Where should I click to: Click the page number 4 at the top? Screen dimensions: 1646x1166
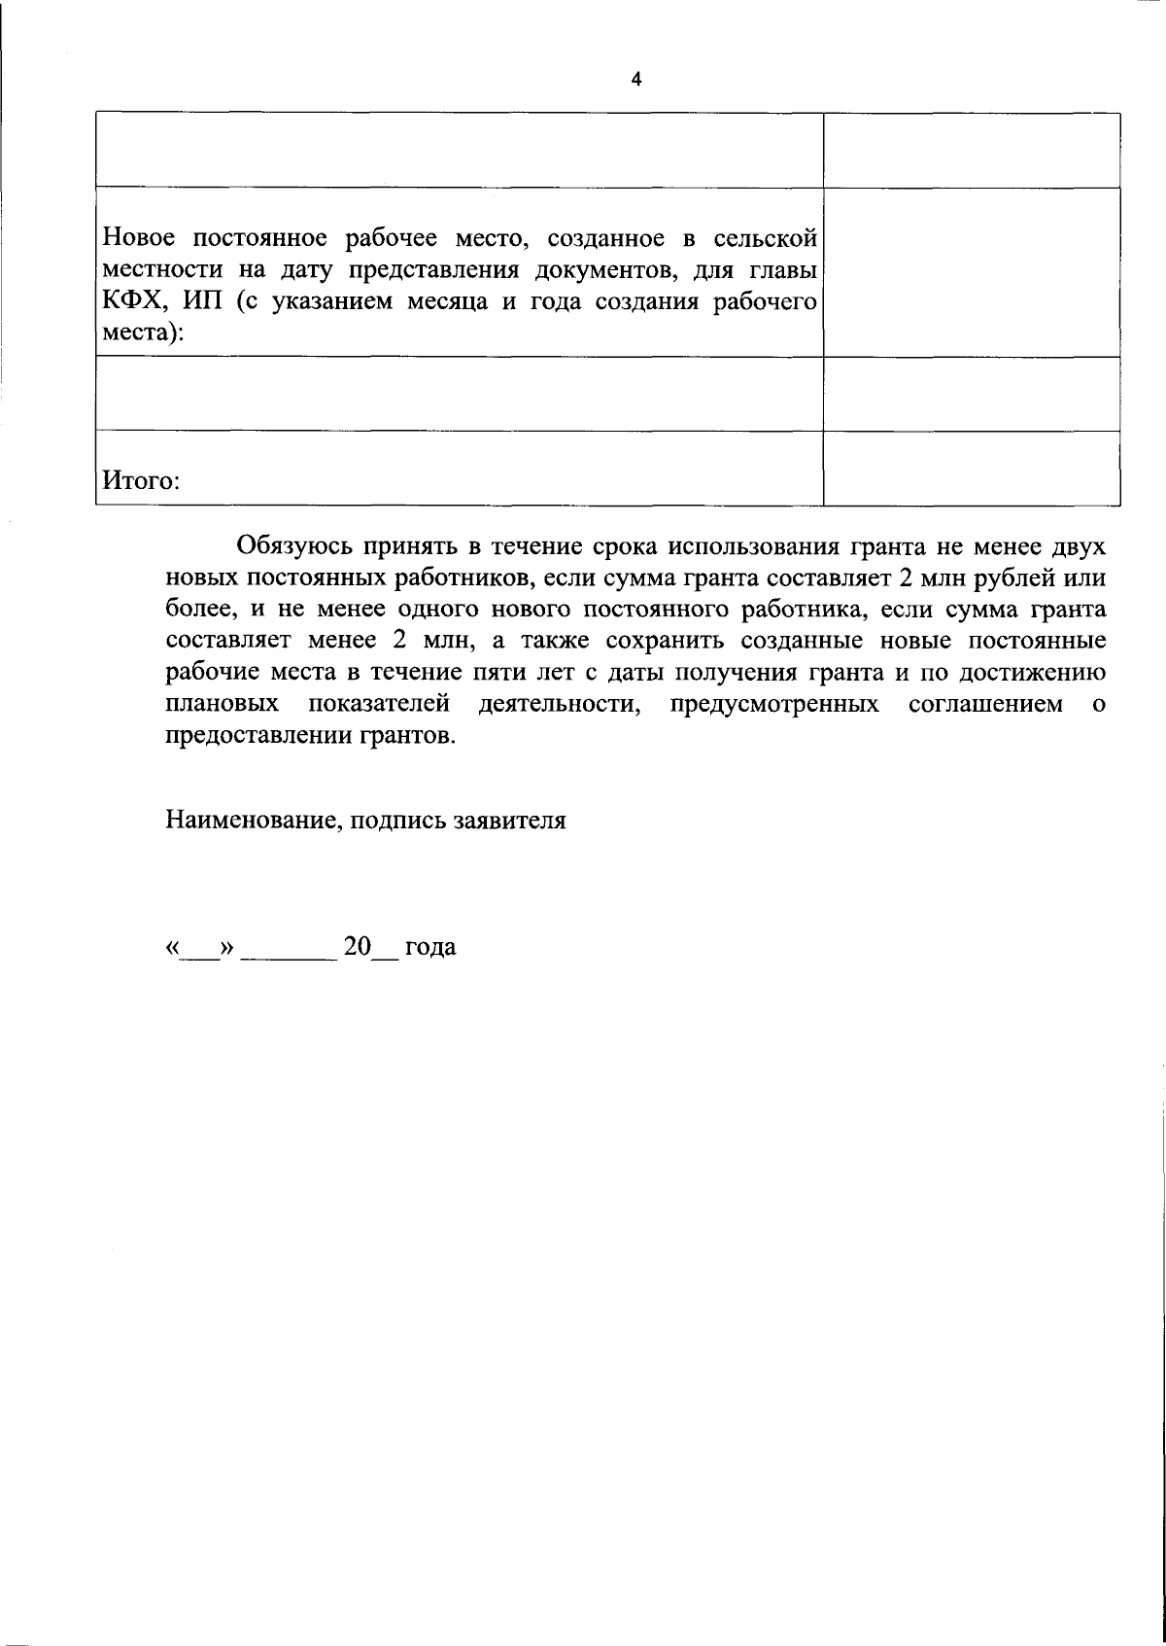click(636, 81)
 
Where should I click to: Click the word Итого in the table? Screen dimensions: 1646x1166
click(140, 481)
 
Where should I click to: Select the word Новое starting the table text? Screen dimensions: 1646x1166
click(139, 236)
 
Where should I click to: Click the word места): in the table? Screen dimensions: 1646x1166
click(143, 333)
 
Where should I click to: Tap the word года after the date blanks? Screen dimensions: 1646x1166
click(430, 947)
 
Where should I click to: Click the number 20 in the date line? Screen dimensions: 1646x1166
click(358, 947)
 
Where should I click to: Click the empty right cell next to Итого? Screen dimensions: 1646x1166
click(971, 469)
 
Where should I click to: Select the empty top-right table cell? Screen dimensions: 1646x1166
click(971, 150)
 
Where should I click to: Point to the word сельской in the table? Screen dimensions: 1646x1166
click(764, 236)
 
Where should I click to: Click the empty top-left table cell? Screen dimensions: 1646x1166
click(459, 150)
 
